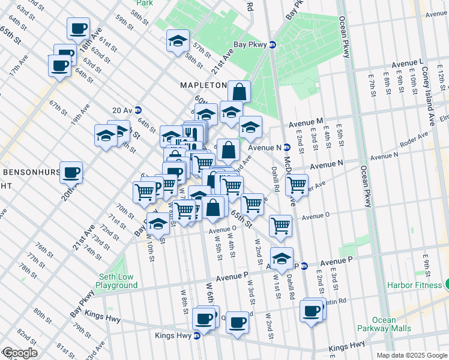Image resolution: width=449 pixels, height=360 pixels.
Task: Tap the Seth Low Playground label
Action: pos(118,281)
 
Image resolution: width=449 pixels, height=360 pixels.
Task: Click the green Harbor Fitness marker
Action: pos(447,284)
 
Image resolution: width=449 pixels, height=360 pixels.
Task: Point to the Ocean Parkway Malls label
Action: pos(392,324)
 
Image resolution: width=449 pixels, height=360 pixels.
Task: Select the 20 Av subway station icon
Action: pos(138,110)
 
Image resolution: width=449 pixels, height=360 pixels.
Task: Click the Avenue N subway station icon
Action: pos(287,147)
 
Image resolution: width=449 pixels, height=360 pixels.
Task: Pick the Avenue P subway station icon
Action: pos(304,265)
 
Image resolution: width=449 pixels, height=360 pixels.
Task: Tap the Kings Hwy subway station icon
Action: pos(196,335)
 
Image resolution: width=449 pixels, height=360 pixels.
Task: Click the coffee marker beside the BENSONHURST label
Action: pos(71,172)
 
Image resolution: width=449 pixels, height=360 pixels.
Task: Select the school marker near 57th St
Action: pos(178,41)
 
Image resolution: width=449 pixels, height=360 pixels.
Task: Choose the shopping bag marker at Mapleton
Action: pos(239,92)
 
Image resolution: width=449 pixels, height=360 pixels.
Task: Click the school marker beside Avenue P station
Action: pos(281,258)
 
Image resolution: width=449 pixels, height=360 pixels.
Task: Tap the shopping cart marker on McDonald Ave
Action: pos(297,185)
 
